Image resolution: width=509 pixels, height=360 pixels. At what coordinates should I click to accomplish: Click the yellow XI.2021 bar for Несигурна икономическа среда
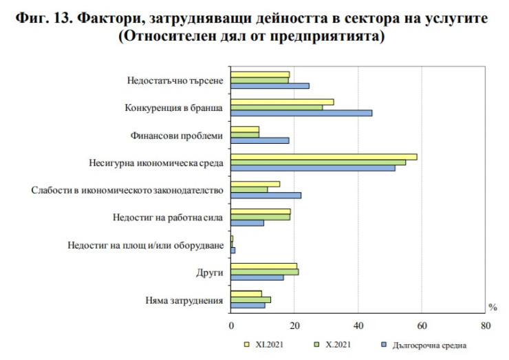pos(323,157)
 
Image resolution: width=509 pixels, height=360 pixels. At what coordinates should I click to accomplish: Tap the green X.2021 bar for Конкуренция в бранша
pos(277,107)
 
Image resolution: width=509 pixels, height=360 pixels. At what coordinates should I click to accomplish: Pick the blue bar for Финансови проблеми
pos(260,140)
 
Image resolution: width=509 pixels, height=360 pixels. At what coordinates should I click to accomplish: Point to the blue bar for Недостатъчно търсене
pos(270,86)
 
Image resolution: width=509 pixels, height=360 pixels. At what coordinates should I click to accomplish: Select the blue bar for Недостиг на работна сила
pos(247,222)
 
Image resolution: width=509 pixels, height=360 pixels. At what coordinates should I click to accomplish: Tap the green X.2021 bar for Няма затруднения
pos(250,299)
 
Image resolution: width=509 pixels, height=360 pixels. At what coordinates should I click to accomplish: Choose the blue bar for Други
pos(257,277)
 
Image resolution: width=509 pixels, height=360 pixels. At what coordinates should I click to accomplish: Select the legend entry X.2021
pos(335,343)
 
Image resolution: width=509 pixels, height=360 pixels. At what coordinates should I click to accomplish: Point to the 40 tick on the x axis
pos(358,326)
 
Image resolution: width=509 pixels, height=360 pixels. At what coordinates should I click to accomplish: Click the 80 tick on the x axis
pos(486,326)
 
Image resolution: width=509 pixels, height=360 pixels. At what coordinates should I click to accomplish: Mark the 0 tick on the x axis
pos(231,326)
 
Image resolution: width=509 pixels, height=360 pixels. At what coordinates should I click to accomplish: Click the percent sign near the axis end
pos(492,307)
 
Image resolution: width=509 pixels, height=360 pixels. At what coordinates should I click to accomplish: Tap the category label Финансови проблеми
pos(186,136)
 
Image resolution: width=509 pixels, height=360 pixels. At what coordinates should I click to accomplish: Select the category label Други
pos(210,273)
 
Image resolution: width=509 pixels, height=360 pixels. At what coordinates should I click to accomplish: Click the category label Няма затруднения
pos(184,300)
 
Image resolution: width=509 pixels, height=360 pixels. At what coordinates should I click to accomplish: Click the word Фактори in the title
pos(110,19)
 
